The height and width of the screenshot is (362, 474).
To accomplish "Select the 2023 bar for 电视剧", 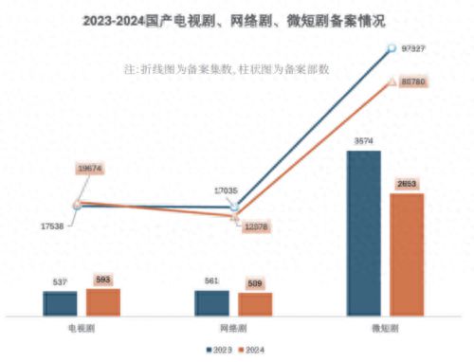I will point(61,302).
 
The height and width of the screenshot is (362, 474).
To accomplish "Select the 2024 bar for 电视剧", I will point(103,300).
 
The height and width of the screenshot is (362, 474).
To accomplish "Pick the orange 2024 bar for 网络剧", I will point(255,303).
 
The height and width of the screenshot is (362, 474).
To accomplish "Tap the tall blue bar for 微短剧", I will point(364,232).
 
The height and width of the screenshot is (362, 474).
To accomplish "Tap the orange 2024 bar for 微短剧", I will point(407,254).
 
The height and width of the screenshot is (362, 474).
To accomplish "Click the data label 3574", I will point(364,141).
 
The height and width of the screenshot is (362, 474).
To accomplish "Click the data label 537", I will point(61,281).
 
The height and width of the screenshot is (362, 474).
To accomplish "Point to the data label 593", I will point(103,279).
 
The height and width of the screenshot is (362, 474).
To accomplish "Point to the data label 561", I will point(211,281).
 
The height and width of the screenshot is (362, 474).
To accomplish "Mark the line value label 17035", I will point(226,190).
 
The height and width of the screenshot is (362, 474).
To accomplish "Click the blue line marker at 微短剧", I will point(390,47).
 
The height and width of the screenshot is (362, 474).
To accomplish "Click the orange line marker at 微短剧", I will point(390,82).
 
